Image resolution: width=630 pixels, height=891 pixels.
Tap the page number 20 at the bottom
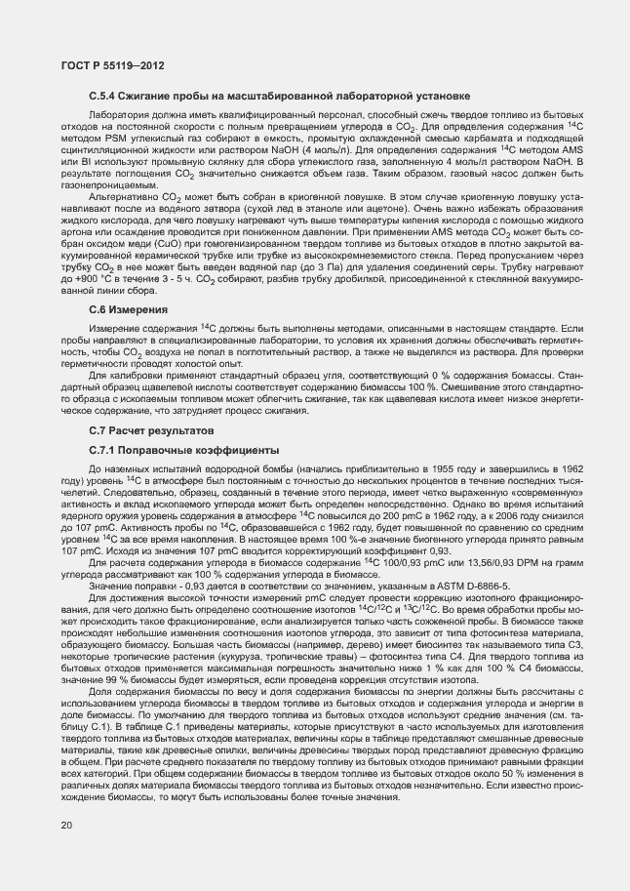[66, 826]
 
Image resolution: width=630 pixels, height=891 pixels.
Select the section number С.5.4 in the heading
[104, 96]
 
